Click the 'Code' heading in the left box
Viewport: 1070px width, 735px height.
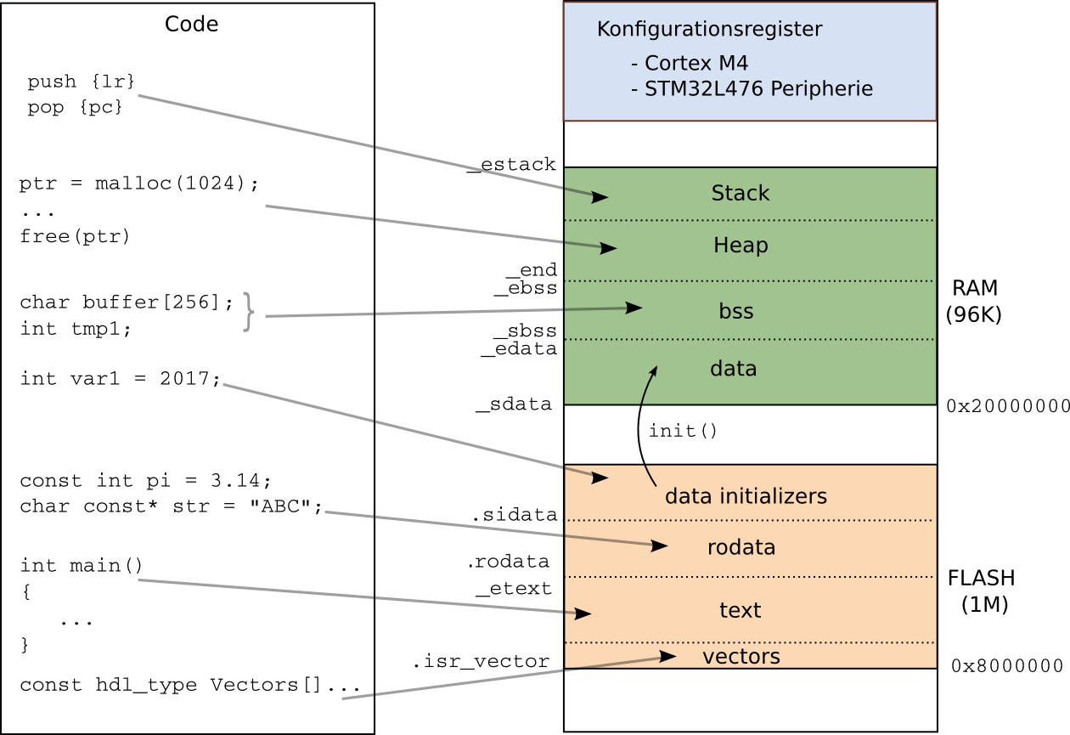tap(191, 24)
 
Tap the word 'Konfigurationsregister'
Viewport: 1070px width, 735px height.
tap(709, 29)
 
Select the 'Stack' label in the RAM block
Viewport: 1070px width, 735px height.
tap(741, 194)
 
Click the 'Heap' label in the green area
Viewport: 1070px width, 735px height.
tap(741, 246)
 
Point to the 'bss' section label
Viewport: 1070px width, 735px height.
tap(736, 312)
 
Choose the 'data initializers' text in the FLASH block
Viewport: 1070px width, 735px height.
tap(746, 496)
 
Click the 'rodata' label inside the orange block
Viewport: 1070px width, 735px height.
tap(741, 547)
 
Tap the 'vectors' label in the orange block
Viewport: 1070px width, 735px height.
tap(741, 657)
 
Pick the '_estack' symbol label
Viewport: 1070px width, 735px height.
tap(512, 164)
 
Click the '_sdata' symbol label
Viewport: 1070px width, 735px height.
tap(514, 404)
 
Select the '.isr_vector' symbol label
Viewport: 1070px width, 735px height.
tap(481, 661)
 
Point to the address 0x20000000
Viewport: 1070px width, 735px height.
tap(1008, 407)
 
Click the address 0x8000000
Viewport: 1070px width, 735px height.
tap(1007, 665)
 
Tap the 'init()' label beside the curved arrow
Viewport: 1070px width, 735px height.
tap(684, 431)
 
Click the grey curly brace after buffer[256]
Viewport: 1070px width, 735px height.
tap(247, 311)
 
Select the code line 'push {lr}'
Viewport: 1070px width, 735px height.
tap(82, 82)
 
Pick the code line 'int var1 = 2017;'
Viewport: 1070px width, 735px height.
tap(120, 379)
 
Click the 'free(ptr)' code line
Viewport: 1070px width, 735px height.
tap(75, 236)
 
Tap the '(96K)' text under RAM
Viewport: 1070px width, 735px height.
tap(974, 314)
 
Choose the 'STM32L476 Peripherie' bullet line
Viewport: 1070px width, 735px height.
tap(752, 88)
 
